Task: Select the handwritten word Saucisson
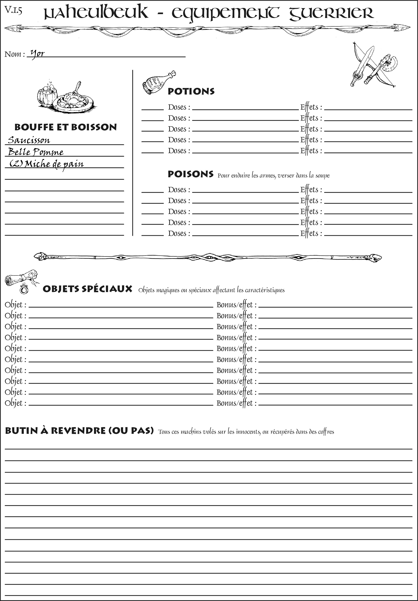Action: click(x=29, y=140)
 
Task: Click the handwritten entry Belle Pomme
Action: click(x=36, y=152)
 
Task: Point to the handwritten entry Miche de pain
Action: click(x=54, y=164)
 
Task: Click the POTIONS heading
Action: click(x=191, y=91)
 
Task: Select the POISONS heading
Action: click(x=190, y=174)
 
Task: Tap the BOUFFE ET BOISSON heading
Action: click(x=66, y=127)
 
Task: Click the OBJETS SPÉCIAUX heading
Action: click(x=87, y=289)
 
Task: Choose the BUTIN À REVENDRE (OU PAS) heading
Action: click(x=79, y=431)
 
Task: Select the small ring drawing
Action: click(x=24, y=289)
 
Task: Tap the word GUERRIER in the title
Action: click(x=331, y=13)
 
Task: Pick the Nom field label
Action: click(x=15, y=54)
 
